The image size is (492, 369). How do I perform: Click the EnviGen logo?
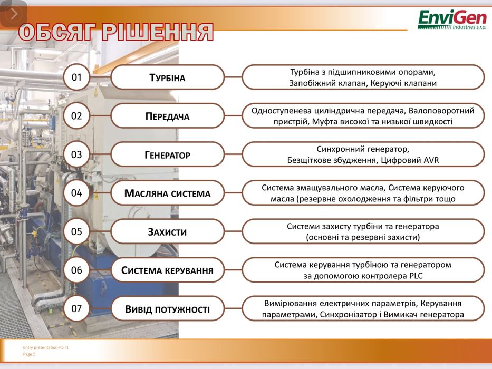452,22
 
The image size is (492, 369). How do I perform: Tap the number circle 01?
77,77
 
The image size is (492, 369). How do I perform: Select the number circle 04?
77,193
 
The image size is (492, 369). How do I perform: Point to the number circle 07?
77,308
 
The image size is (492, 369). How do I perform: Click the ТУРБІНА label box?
167,77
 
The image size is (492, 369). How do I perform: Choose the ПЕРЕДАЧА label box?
167,116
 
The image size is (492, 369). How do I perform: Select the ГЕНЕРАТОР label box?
167,154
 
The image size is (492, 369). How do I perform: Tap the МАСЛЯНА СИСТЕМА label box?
167,193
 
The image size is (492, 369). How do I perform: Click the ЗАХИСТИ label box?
167,231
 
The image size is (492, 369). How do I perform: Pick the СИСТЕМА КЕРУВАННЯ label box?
167,270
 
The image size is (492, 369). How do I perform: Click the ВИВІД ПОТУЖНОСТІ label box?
167,309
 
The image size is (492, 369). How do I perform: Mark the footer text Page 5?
30,354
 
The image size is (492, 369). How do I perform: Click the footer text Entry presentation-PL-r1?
46,347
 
